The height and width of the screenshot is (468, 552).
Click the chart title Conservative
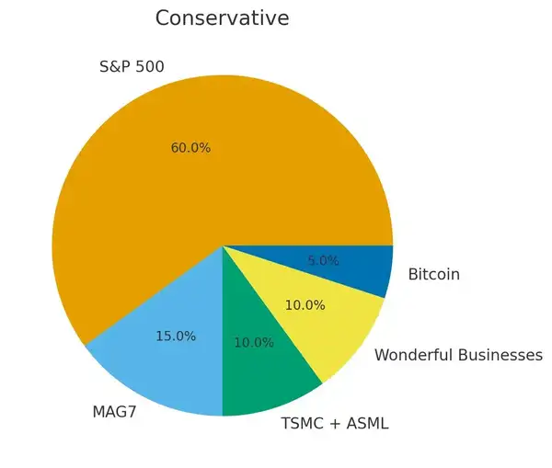[x=222, y=18]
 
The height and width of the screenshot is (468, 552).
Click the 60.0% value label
[x=190, y=148]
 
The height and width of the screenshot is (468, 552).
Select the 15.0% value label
[x=176, y=337]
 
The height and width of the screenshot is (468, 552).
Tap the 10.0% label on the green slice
[x=254, y=343]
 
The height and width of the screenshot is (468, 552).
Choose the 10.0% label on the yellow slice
[x=305, y=305]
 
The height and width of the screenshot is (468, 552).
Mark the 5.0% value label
[x=323, y=261]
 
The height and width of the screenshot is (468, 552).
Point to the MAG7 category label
[x=114, y=412]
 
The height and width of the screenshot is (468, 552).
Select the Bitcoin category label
[x=433, y=274]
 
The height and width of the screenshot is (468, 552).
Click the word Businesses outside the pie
[x=502, y=355]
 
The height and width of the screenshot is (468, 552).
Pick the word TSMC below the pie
[x=301, y=424]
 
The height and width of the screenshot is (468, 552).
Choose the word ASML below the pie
[x=368, y=424]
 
